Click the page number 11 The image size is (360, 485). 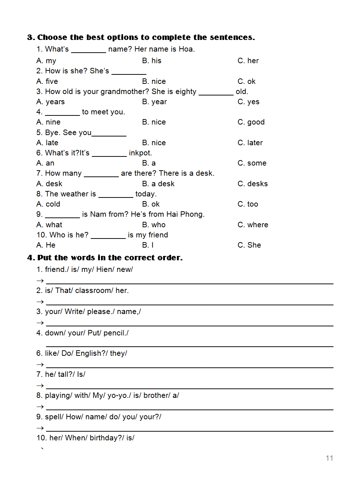(x=329, y=458)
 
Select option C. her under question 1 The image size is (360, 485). (x=248, y=61)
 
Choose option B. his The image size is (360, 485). (x=151, y=61)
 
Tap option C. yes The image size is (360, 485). (x=248, y=102)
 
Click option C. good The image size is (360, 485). (x=251, y=122)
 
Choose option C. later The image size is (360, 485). (x=250, y=143)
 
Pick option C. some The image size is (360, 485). (x=252, y=163)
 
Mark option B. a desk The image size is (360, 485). (x=158, y=184)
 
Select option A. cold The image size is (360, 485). (x=48, y=204)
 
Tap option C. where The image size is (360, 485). (x=253, y=225)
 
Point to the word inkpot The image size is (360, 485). (x=140, y=153)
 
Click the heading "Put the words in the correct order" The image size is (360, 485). (x=109, y=258)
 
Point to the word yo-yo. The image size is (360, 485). (x=119, y=395)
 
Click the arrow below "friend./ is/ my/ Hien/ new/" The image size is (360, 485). (x=40, y=281)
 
